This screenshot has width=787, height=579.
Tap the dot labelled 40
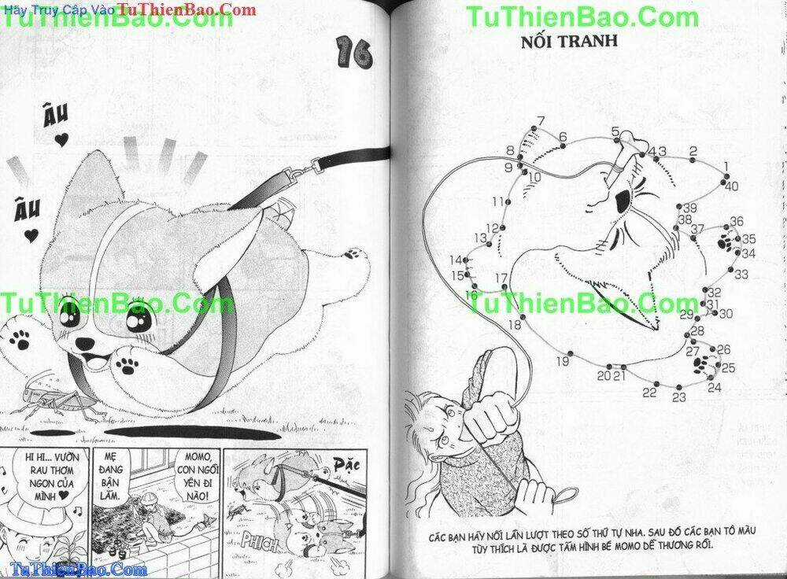coord(723,178)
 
